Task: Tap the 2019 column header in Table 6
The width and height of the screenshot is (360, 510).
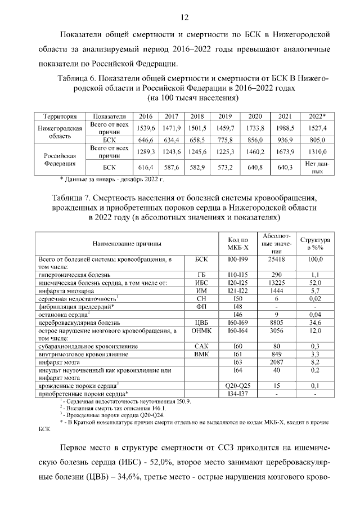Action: click(x=225, y=117)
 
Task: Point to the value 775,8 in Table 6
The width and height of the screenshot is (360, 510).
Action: click(x=225, y=140)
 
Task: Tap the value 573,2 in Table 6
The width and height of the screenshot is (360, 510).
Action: click(x=225, y=167)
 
